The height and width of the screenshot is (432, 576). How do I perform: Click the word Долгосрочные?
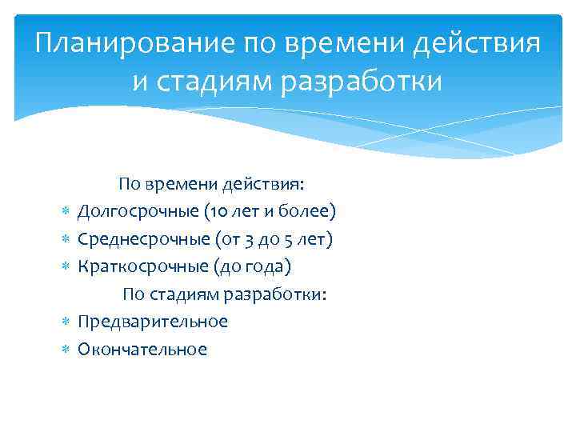(x=138, y=212)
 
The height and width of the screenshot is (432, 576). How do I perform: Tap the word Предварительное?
(x=153, y=322)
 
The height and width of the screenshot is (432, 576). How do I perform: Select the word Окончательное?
(x=142, y=349)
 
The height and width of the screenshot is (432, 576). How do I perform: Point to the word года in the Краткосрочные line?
(x=259, y=266)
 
